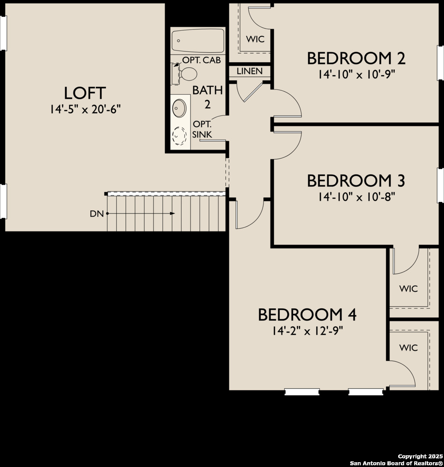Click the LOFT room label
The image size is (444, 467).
85,93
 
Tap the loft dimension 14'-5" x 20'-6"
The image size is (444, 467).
85,109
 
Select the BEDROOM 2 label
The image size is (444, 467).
356,58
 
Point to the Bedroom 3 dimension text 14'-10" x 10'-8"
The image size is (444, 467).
356,197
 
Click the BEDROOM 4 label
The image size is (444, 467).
307,315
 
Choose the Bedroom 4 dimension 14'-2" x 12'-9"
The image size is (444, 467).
307,331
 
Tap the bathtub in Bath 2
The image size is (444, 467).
198,41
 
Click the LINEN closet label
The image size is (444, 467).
249,71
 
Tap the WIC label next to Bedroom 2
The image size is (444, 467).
255,39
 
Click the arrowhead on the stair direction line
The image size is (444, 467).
172,214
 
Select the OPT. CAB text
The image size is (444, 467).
201,60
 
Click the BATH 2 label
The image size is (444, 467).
207,97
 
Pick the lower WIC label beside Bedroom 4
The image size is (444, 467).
408,348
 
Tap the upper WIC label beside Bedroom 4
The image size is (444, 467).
408,288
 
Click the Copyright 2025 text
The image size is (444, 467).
420,457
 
